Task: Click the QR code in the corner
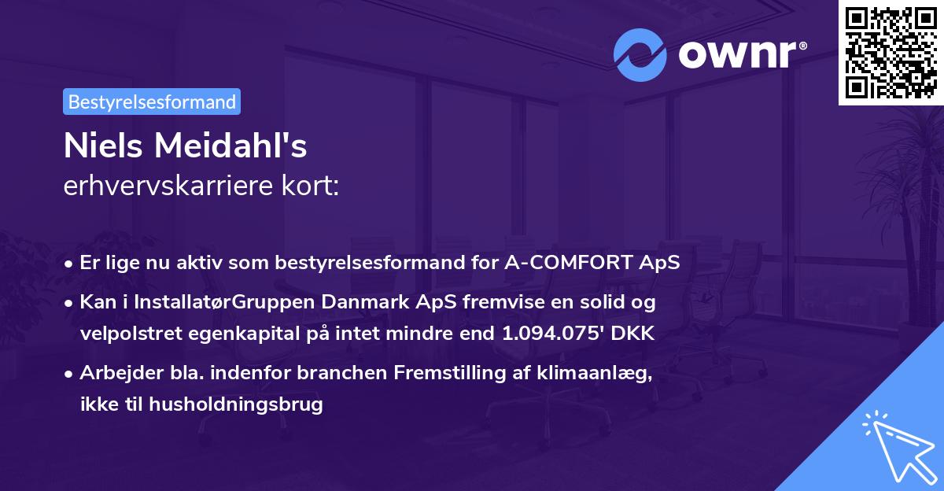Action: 891,52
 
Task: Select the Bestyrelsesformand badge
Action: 152,102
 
